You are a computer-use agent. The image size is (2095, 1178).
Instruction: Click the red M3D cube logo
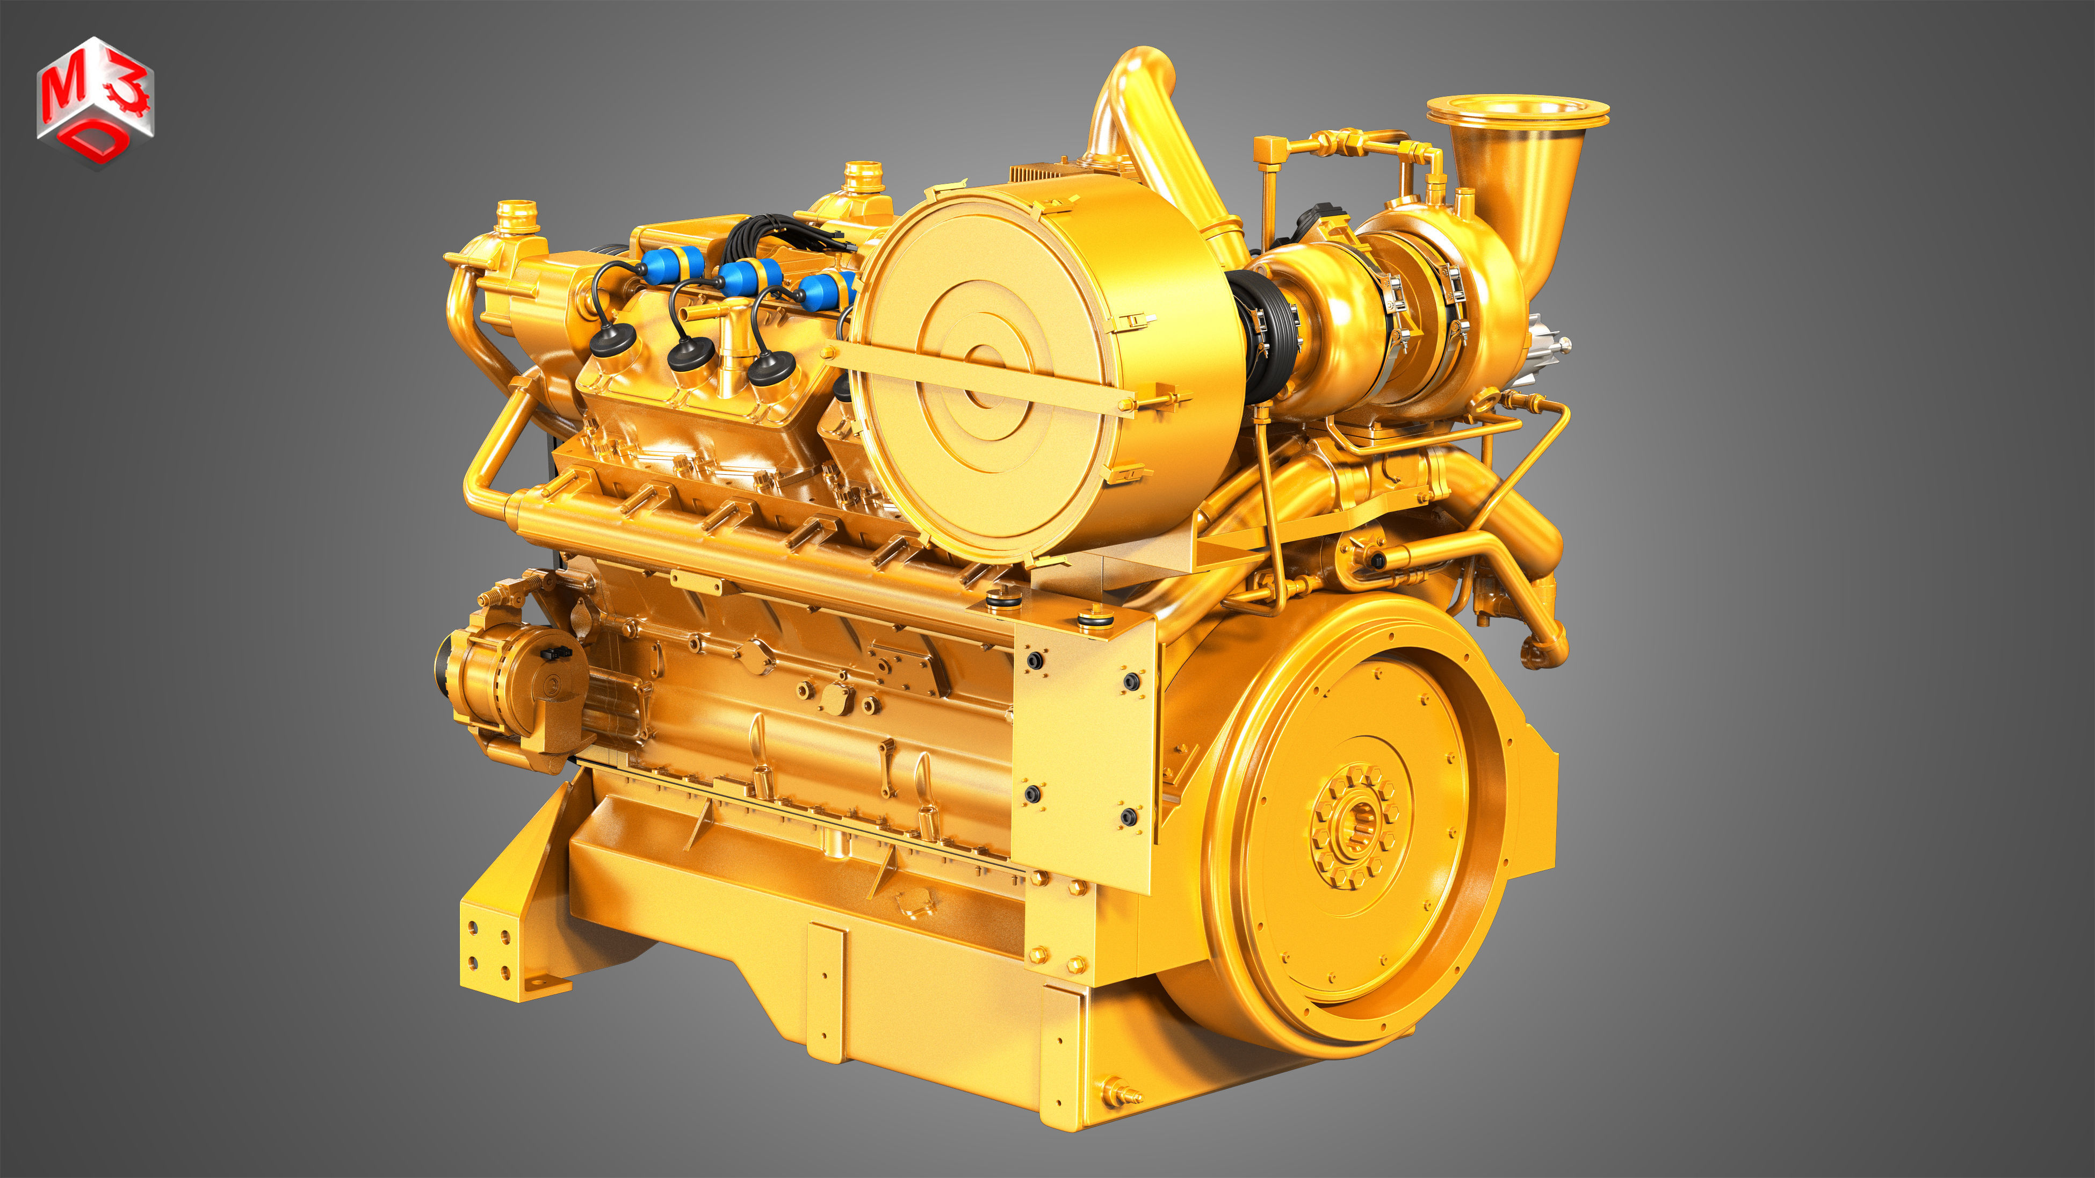pyautogui.click(x=95, y=102)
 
